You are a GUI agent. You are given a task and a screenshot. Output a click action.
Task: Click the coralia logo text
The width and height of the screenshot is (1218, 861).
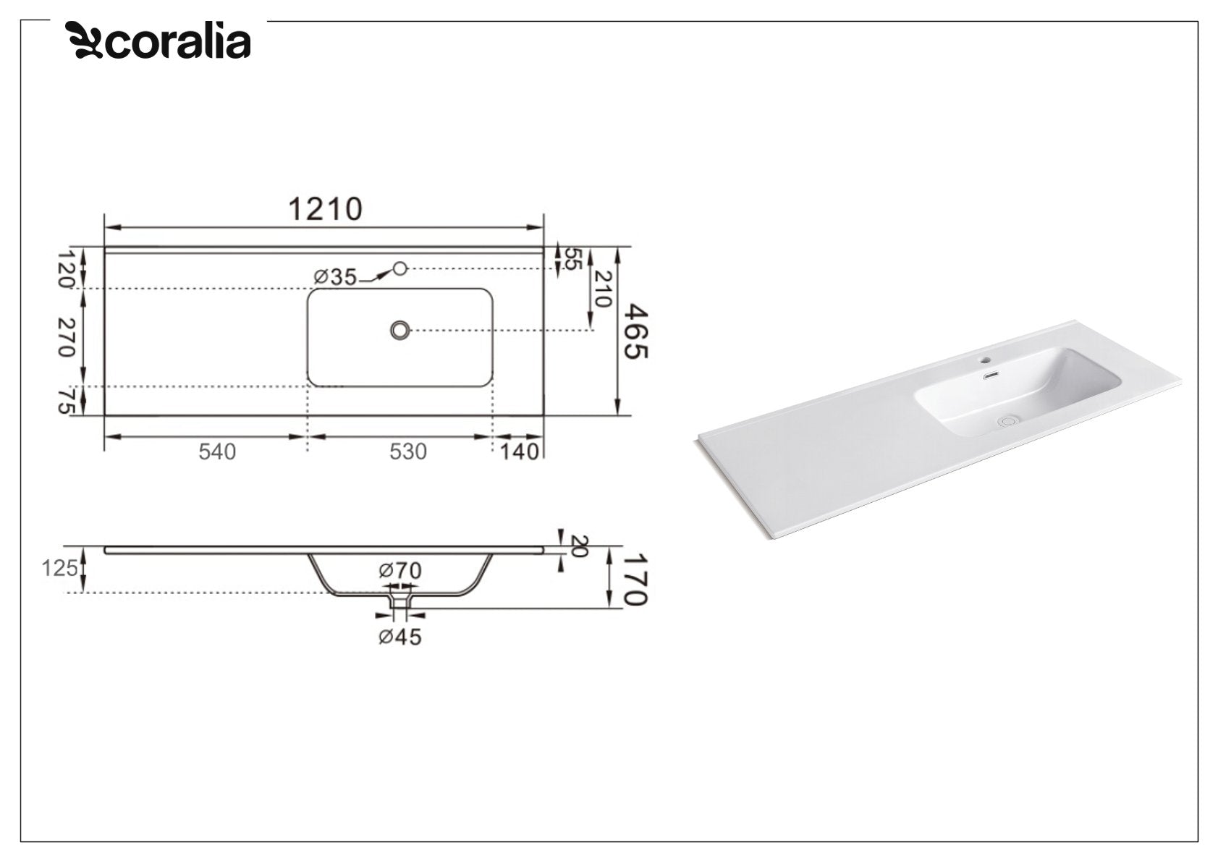(178, 41)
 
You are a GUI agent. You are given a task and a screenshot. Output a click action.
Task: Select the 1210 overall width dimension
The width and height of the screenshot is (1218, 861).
(325, 209)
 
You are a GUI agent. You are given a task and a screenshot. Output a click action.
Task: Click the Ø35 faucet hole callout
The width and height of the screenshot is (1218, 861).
(335, 276)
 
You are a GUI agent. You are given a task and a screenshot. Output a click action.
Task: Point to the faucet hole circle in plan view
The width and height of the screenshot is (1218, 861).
(399, 268)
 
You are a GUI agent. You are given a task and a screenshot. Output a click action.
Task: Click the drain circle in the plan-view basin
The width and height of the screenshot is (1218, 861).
(399, 330)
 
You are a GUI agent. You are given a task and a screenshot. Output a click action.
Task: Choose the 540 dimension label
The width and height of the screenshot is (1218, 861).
(217, 451)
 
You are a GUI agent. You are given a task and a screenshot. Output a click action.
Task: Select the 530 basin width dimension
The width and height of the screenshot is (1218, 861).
(408, 451)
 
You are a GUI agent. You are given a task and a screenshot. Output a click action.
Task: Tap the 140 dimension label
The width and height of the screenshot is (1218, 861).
(520, 451)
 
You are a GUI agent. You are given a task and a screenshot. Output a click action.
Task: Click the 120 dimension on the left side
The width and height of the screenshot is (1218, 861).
(66, 268)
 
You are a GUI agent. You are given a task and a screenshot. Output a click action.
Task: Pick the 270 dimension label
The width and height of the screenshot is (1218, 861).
(66, 337)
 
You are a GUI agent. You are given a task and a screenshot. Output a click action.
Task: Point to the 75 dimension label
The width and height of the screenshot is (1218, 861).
(66, 401)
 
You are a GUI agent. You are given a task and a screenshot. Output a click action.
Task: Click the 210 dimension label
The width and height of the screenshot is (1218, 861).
(603, 288)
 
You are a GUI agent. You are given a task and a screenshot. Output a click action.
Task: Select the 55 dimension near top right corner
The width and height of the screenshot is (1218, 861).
(572, 259)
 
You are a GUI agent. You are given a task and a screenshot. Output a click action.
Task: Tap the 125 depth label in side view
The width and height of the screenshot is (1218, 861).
(59, 569)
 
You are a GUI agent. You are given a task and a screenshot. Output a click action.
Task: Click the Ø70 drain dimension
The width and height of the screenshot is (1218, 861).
(399, 570)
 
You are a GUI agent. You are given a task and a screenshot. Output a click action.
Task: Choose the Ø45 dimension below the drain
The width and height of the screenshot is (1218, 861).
(399, 637)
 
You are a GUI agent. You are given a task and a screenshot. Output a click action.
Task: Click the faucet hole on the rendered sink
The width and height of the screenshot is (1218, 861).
(984, 358)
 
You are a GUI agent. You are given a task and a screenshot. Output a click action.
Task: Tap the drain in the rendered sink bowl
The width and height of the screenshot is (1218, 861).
(1007, 419)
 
